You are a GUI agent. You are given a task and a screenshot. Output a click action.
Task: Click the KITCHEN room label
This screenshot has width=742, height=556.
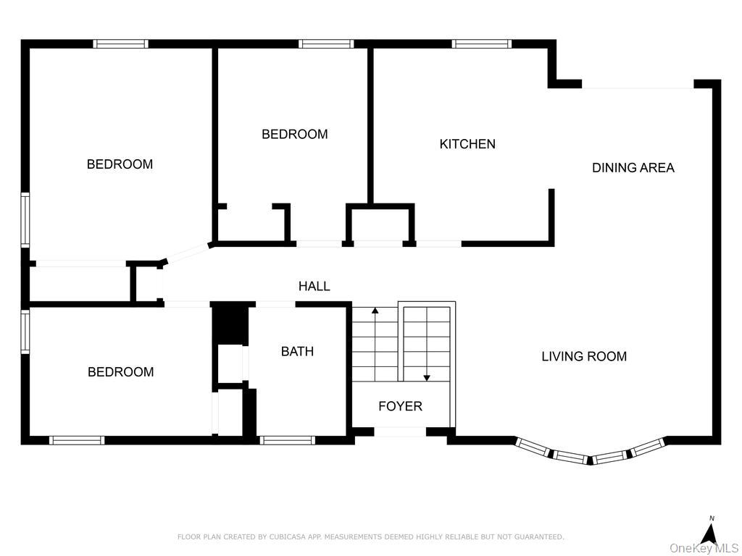tap(467, 144)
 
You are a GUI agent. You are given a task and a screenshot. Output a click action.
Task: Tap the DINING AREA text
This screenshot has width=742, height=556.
tap(633, 168)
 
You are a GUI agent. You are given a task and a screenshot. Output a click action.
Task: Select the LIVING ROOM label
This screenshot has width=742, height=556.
tap(584, 356)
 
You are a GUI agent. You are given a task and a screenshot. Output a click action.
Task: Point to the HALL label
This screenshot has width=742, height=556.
tap(314, 287)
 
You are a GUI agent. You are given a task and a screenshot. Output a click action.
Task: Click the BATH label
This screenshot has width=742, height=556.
tap(297, 352)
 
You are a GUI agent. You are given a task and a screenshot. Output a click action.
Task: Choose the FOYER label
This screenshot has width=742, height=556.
tap(400, 407)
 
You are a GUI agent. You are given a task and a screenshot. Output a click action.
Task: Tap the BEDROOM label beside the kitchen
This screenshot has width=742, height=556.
tap(294, 134)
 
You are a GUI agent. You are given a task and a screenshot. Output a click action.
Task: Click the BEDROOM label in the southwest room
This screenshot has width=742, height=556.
tap(120, 372)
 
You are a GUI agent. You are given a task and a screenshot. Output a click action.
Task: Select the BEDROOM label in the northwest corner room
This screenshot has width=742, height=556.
tap(120, 164)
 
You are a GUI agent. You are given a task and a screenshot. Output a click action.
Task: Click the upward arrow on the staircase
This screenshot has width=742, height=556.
tap(375, 311)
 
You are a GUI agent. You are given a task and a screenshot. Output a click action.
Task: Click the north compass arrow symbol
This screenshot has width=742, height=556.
tap(710, 534)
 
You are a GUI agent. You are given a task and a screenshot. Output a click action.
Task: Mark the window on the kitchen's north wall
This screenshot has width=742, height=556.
tap(481, 44)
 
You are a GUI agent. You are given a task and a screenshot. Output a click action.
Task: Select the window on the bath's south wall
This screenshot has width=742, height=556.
tap(287, 439)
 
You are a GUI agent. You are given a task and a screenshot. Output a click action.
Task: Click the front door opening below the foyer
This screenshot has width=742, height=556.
tap(400, 432)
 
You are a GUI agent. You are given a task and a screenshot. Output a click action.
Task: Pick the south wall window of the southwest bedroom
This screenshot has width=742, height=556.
tap(76, 439)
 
